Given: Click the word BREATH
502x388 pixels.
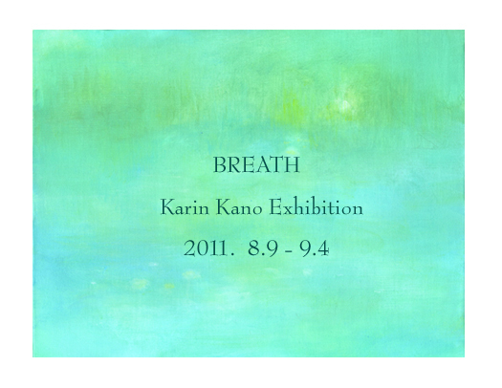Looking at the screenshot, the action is (256, 165).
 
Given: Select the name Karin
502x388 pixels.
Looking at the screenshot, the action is (185, 207).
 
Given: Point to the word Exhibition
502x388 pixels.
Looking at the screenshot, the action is (316, 207).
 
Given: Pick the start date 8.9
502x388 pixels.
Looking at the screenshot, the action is (263, 248).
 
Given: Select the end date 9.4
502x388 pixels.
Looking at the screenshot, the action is (315, 248).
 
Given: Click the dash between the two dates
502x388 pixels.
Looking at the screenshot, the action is (289, 251).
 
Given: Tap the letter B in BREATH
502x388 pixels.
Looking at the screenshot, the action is (219, 165).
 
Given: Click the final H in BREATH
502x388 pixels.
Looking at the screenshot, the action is (292, 165).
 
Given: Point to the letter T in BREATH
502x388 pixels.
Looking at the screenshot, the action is (277, 165).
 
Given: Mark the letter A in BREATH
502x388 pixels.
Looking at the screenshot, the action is (263, 165).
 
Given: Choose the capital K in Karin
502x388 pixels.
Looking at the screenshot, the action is (167, 207).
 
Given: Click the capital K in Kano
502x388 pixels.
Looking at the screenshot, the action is (223, 207).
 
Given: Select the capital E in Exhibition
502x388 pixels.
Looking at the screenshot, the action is (275, 207).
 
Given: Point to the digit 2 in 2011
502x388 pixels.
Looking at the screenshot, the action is (189, 248).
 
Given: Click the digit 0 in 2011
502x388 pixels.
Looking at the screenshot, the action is (202, 248).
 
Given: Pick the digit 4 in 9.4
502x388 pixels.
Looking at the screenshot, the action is (323, 248).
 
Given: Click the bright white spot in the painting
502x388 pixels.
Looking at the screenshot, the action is (344, 104).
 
